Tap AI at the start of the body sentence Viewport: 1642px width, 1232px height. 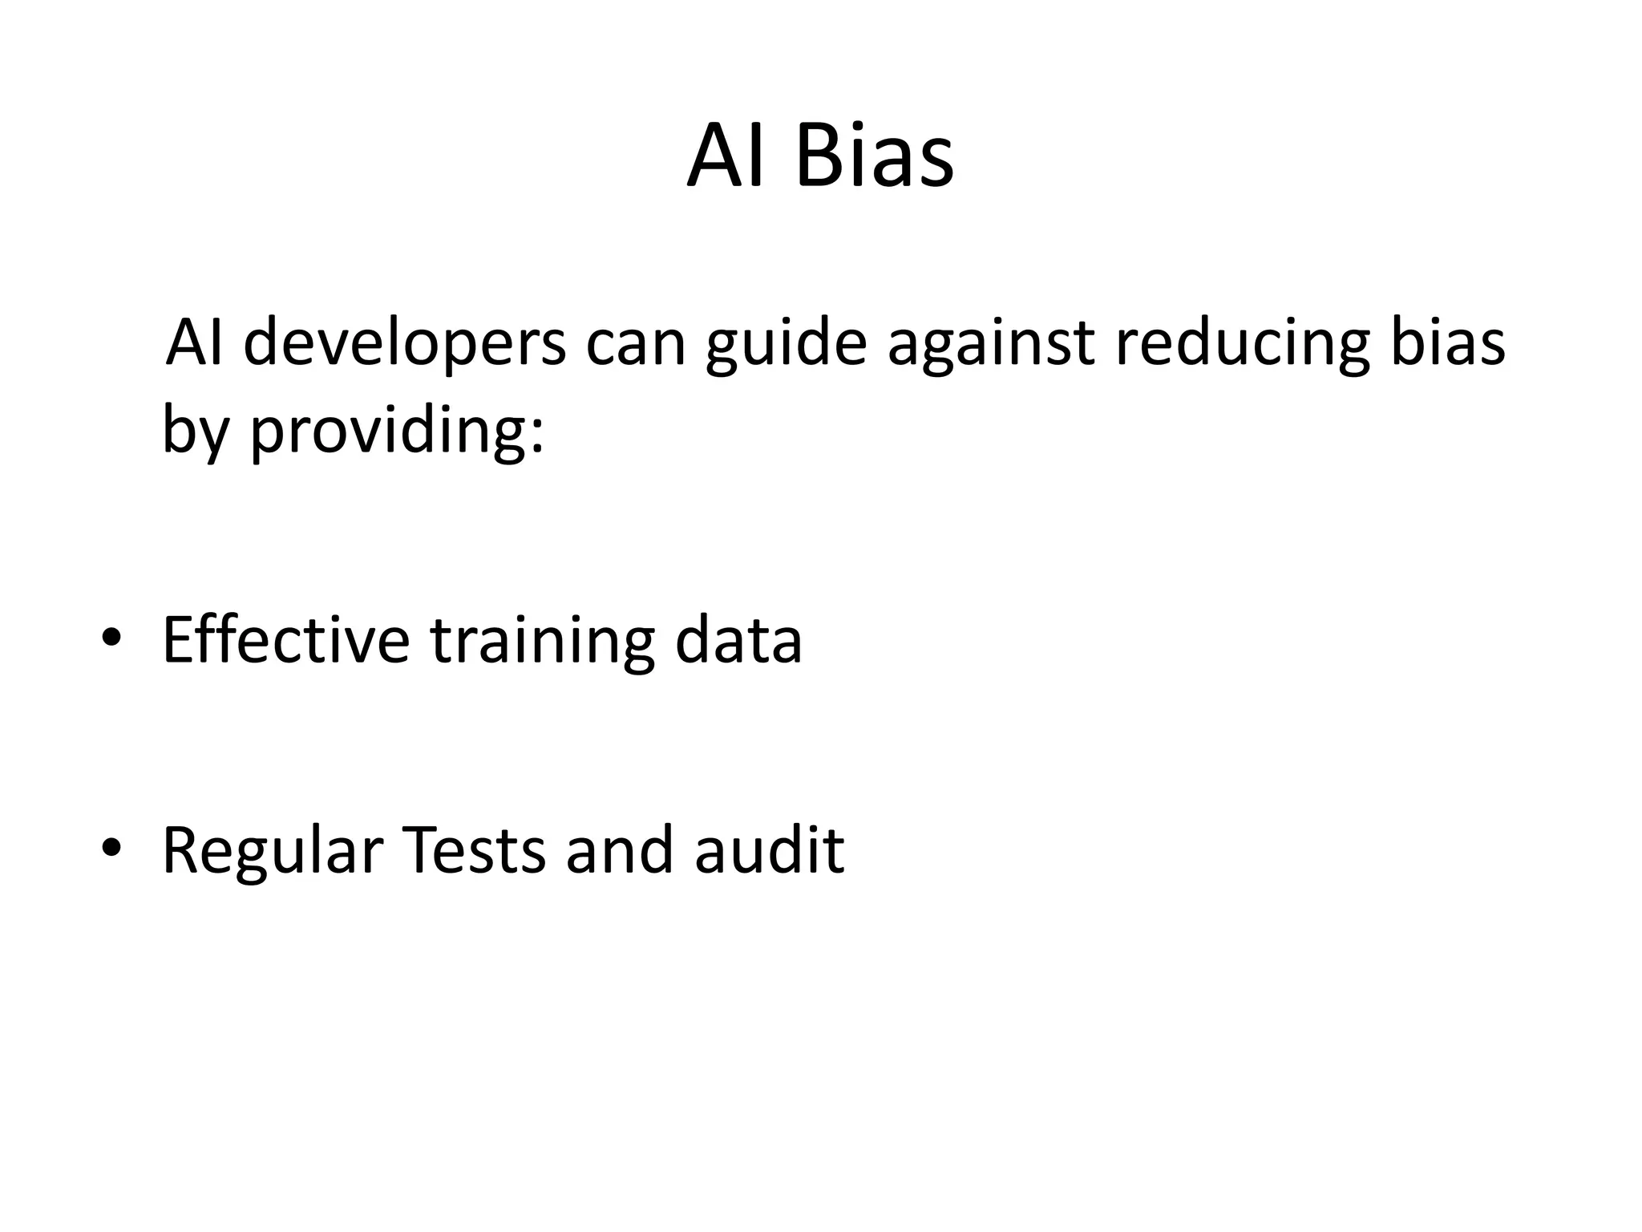click(x=193, y=342)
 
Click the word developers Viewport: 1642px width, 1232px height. click(x=404, y=343)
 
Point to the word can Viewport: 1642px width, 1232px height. click(x=636, y=343)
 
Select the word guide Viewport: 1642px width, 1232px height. click(x=786, y=343)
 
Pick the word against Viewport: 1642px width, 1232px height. click(x=991, y=343)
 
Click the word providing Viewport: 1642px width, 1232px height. click(x=397, y=431)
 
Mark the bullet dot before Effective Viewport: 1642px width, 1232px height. click(x=111, y=638)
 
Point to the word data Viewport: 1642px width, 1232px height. click(x=738, y=640)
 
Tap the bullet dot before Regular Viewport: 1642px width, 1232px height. click(x=111, y=848)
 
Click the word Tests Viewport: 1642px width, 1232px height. click(x=473, y=849)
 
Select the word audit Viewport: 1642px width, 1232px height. click(x=769, y=849)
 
